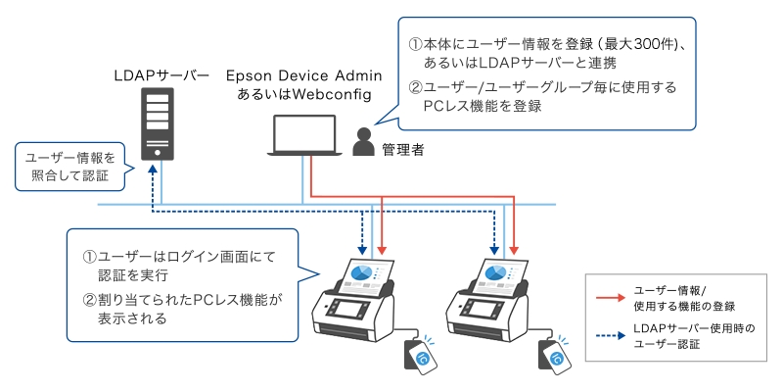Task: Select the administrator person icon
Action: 363,144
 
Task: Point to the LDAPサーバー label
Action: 161,75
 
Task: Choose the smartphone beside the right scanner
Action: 554,357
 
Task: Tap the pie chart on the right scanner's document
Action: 493,271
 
